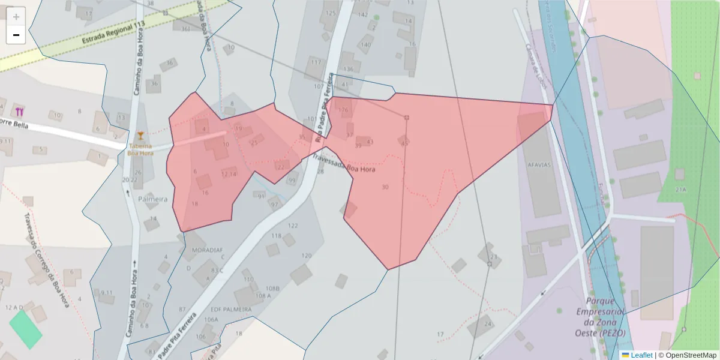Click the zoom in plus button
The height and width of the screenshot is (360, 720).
[x=16, y=17]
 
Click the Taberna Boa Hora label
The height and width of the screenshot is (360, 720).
[x=140, y=149]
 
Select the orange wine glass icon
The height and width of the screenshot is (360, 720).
[x=140, y=135]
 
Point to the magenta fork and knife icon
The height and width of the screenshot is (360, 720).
[x=19, y=111]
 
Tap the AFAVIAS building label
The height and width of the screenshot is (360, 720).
[x=539, y=165]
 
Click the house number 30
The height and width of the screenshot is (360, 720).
[x=385, y=187]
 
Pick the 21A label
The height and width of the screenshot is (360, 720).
[x=680, y=190]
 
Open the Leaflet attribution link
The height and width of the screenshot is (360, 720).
[x=641, y=355]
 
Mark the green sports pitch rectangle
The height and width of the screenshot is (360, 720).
[x=26, y=328]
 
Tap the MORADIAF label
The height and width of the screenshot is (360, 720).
[x=207, y=249]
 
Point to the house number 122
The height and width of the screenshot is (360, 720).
[x=293, y=226]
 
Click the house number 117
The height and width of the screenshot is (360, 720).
[x=316, y=62]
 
